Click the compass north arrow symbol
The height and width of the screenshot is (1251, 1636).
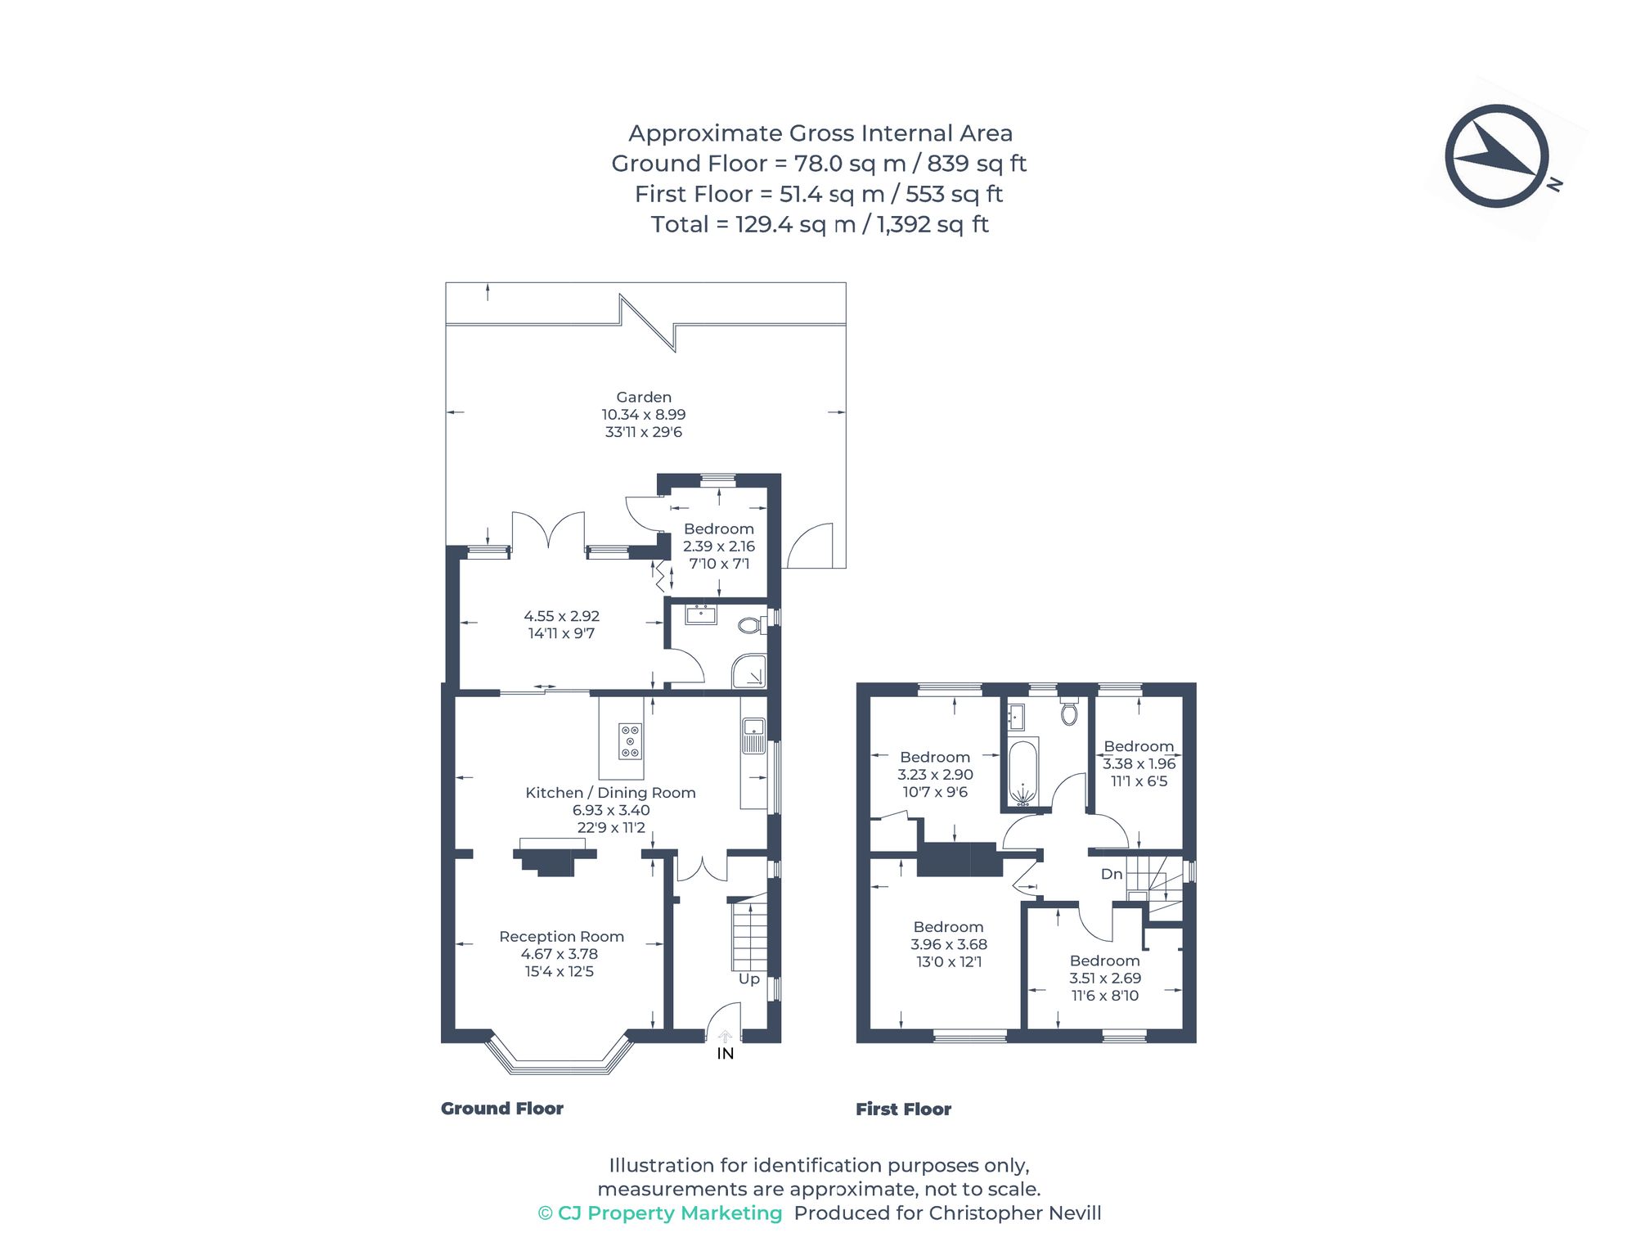coord(1496,156)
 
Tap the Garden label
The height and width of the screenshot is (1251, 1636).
coord(644,397)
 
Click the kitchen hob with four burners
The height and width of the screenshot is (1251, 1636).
coord(630,740)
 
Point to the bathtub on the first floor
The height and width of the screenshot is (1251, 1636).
coord(1022,772)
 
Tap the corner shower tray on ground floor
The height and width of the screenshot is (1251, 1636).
coord(749,671)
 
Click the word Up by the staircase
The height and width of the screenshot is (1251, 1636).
coord(749,979)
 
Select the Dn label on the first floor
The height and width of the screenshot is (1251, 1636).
coord(1112,874)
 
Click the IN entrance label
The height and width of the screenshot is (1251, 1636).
coord(726,1054)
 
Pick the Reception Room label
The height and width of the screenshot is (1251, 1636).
coord(561,936)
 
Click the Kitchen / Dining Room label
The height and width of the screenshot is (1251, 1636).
coord(610,792)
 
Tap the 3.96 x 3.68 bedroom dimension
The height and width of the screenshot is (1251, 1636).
coord(949,944)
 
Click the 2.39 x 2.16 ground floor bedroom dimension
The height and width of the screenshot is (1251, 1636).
coord(719,546)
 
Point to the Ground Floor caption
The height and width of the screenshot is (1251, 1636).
coord(502,1109)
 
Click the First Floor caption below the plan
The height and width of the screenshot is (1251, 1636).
coord(903,1109)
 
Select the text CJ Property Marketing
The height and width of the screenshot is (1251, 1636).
coord(669,1213)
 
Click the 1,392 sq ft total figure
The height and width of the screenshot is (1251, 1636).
coord(933,224)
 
